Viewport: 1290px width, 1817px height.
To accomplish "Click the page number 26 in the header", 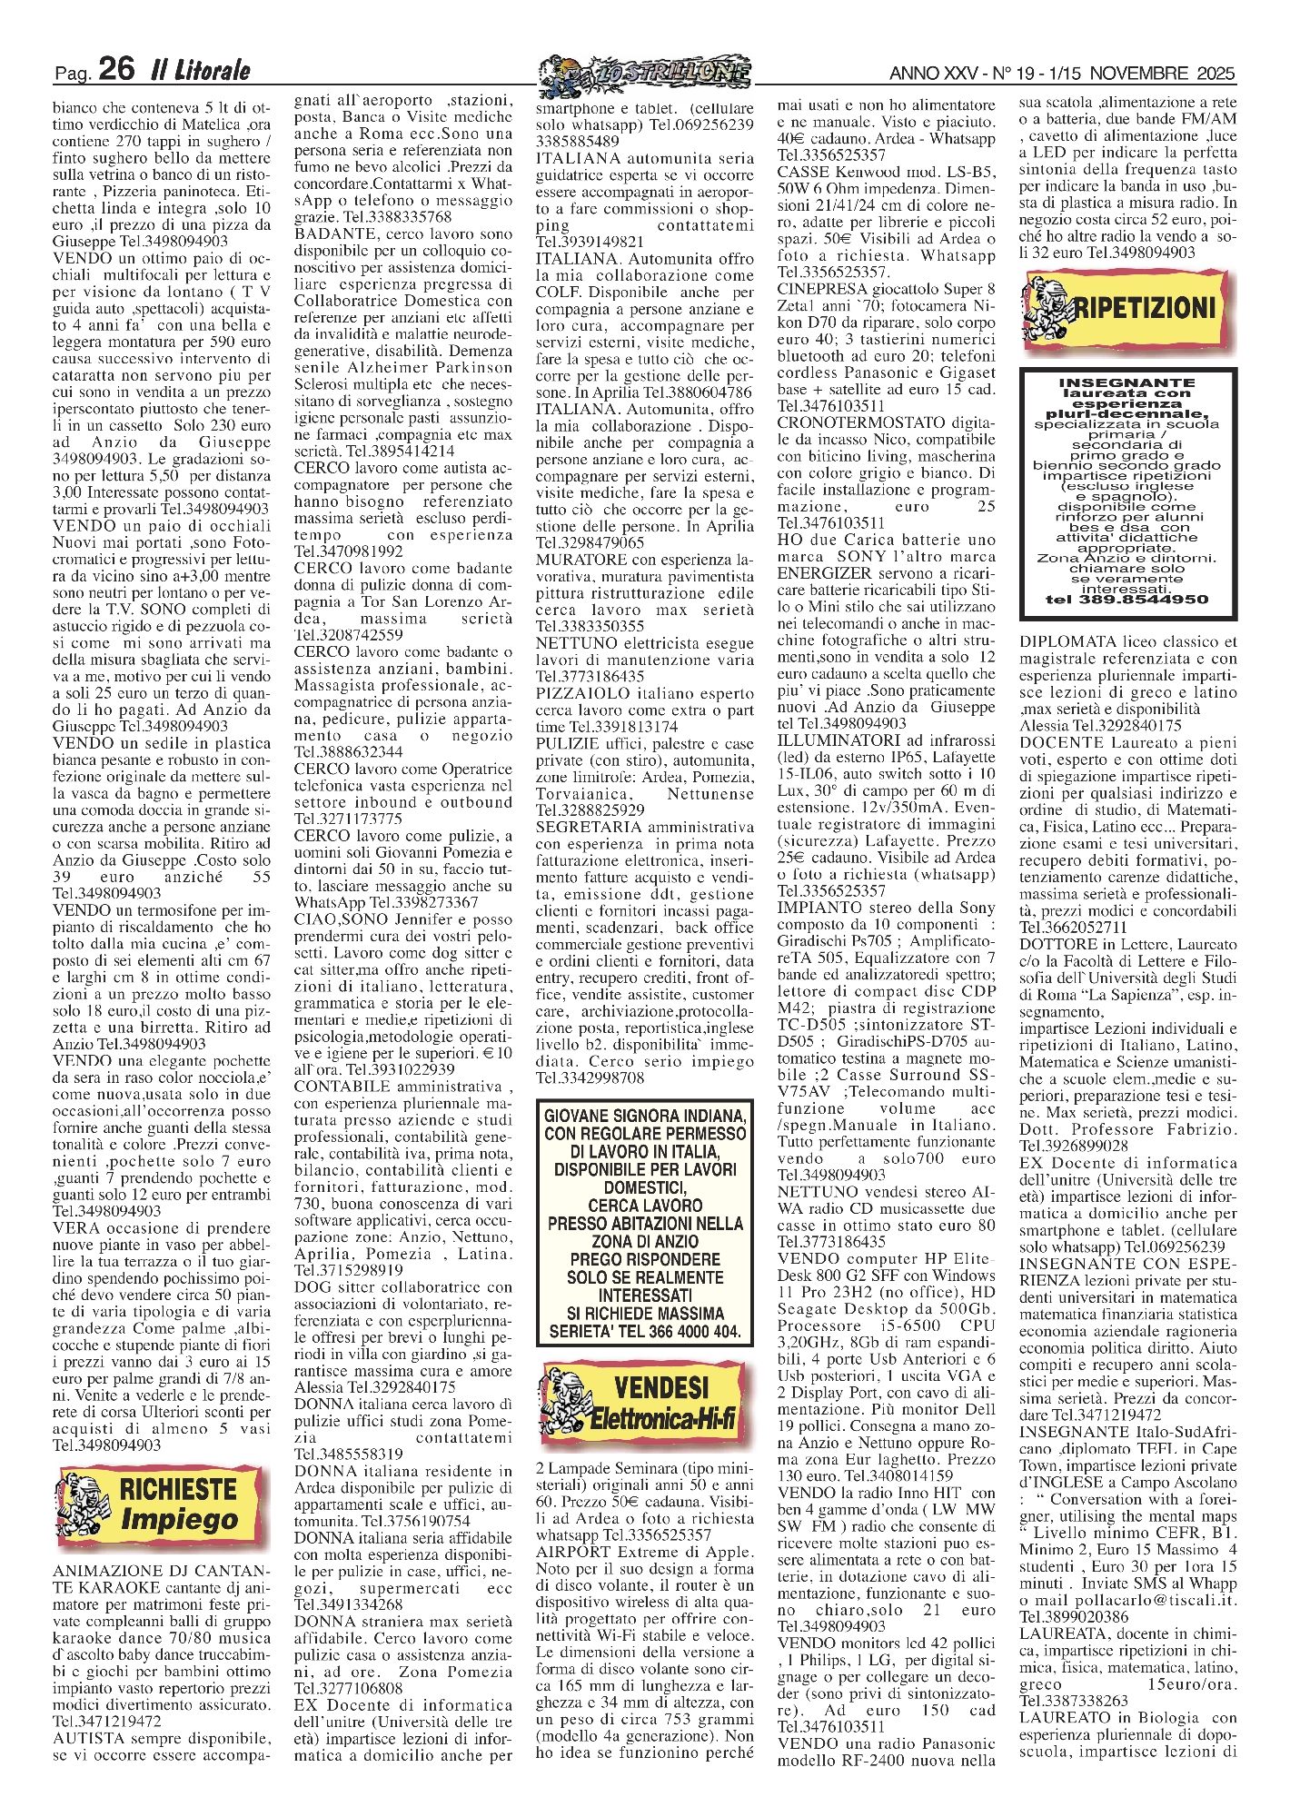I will (x=116, y=69).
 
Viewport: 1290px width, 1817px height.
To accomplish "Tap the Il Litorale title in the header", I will (x=200, y=70).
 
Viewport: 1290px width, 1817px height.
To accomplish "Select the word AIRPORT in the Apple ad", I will (x=567, y=1552).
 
